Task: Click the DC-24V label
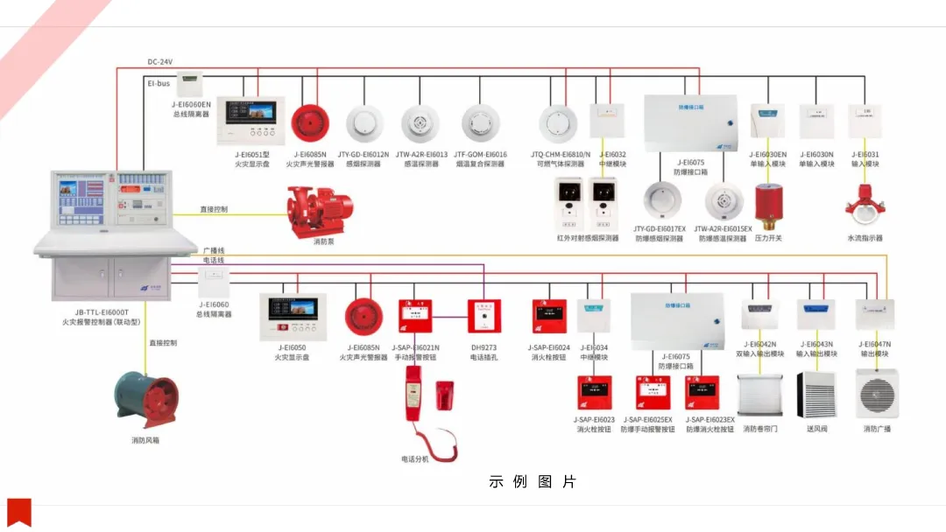[160, 62]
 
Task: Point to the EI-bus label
[159, 83]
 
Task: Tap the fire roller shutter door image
[759, 395]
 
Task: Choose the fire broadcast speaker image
[877, 395]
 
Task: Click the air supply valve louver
[816, 395]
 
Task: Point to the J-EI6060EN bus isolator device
[190, 85]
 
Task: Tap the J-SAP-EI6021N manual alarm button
[414, 316]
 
